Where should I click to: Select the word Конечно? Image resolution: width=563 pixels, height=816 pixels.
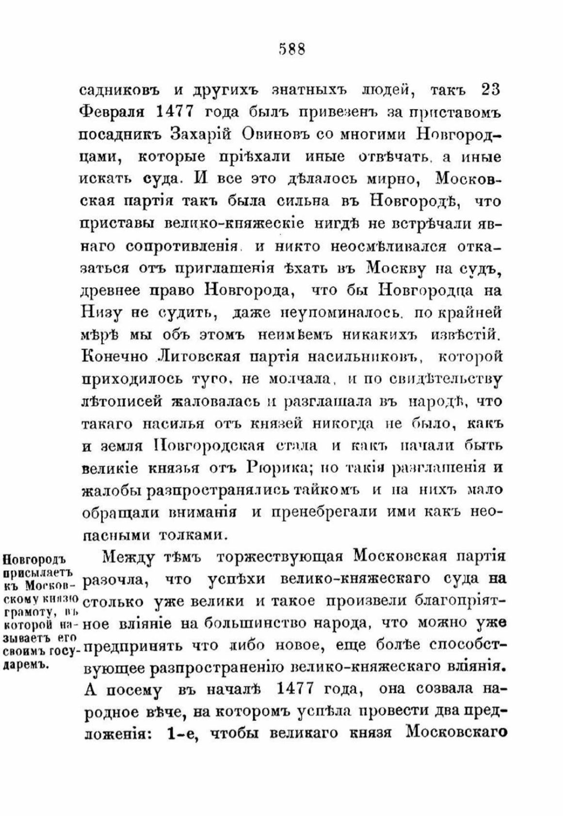[114, 357]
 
